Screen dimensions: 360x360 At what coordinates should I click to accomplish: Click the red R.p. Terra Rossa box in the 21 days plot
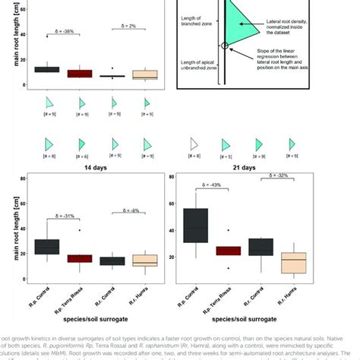pyautogui.click(x=229, y=251)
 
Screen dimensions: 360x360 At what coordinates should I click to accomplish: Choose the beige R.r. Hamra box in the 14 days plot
pyautogui.click(x=145, y=260)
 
